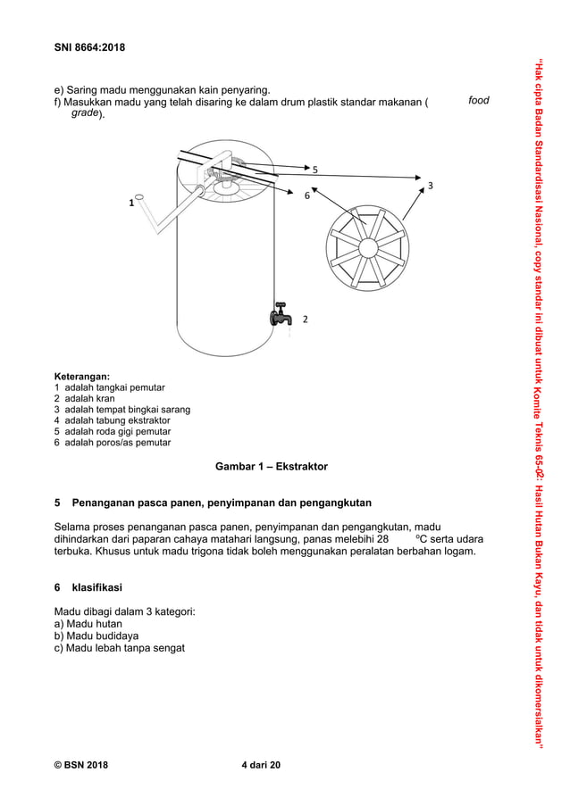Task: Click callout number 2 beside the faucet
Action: click(x=305, y=319)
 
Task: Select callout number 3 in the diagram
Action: click(x=430, y=186)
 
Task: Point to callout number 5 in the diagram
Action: click(x=314, y=169)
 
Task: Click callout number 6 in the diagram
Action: click(x=306, y=195)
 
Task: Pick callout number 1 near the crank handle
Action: click(x=130, y=203)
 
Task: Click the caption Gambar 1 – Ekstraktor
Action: click(x=271, y=467)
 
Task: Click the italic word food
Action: click(x=479, y=101)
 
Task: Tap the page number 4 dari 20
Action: click(x=261, y=765)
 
